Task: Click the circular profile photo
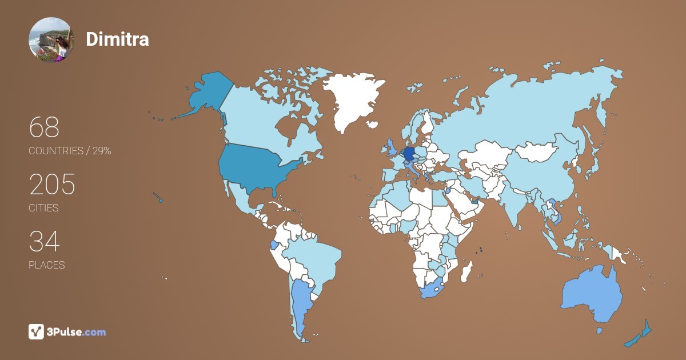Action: click(x=51, y=39)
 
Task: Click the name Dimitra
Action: click(x=117, y=39)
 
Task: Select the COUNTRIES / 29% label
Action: click(x=70, y=151)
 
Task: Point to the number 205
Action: click(x=52, y=185)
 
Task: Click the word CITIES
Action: click(x=43, y=208)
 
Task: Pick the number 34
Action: click(x=44, y=242)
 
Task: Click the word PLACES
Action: click(x=46, y=265)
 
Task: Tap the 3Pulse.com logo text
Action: click(x=77, y=331)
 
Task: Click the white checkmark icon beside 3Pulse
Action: click(x=36, y=331)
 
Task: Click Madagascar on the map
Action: click(x=467, y=271)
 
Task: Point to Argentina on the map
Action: click(x=300, y=303)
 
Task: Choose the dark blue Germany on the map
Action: click(x=409, y=154)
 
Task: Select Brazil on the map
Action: click(x=314, y=257)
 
